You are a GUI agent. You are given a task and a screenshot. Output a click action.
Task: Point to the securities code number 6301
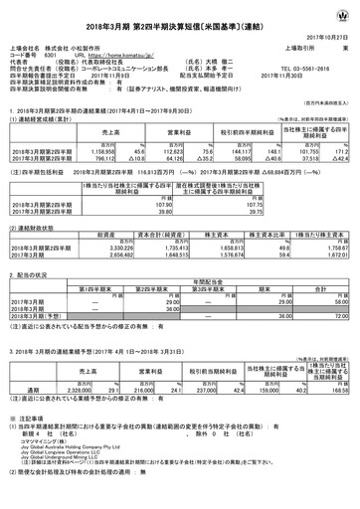(50, 57)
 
